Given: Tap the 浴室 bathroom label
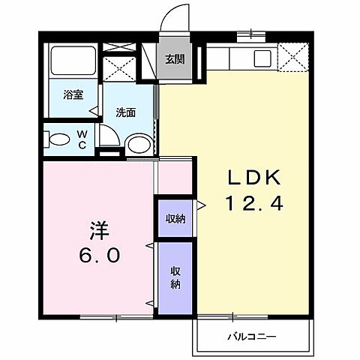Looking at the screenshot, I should coord(72,95).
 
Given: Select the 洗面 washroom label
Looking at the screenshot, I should coord(125,112).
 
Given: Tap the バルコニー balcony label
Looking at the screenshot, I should coord(252,336).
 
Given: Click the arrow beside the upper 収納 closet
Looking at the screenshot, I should coord(200,203).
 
